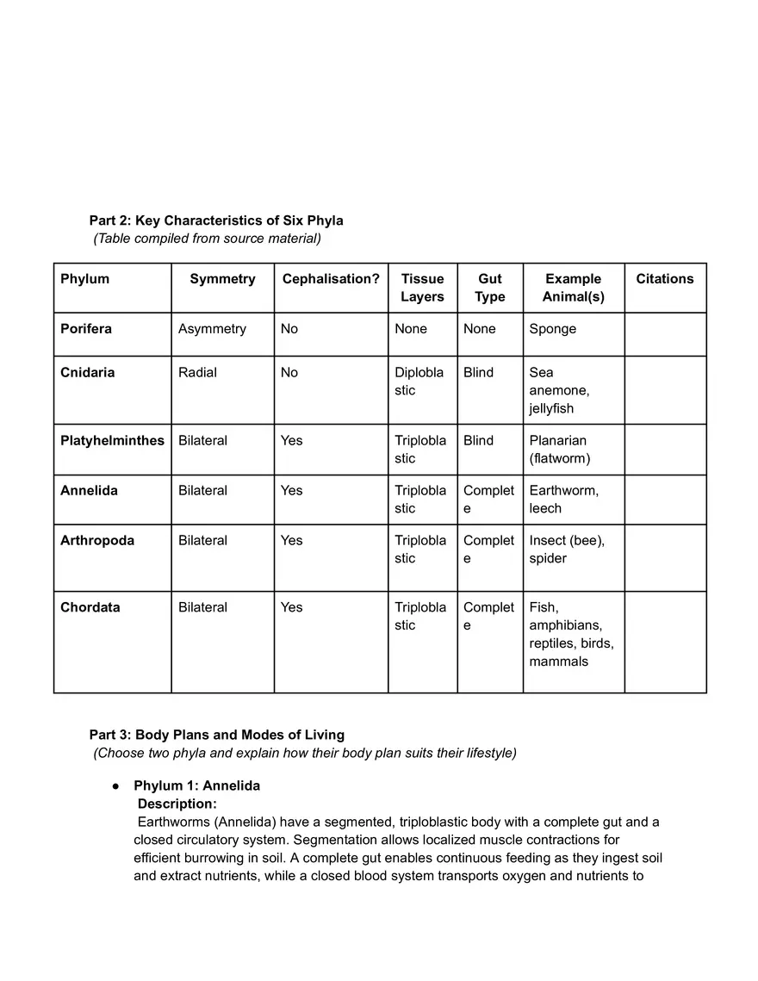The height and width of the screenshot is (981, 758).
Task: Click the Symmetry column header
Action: click(x=222, y=279)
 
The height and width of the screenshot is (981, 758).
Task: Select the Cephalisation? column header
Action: click(x=331, y=279)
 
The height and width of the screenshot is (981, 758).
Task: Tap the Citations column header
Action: click(x=664, y=279)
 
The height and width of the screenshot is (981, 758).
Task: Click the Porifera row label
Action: click(x=86, y=329)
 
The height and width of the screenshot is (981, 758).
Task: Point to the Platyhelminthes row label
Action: click(x=112, y=441)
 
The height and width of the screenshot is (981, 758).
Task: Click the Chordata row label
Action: click(x=90, y=608)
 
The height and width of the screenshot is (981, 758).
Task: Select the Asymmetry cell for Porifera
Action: click(x=212, y=329)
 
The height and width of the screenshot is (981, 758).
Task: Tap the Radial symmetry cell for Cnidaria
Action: click(x=197, y=373)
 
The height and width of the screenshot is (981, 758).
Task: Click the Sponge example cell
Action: click(x=553, y=329)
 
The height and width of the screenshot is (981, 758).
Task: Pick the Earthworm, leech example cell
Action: click(x=563, y=500)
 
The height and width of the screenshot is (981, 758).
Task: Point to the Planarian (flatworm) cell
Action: click(x=559, y=450)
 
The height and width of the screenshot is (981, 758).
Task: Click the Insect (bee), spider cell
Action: click(x=567, y=549)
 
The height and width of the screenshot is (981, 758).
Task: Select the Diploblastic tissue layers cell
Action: click(x=419, y=382)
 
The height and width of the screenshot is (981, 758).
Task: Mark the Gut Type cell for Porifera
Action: click(x=479, y=329)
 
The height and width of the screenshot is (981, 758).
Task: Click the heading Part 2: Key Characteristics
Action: click(x=216, y=220)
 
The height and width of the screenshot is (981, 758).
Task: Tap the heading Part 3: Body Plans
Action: click(x=217, y=736)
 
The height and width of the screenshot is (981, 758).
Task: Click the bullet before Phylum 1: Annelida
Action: click(x=115, y=786)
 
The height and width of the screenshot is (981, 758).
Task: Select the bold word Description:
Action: click(x=177, y=804)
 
